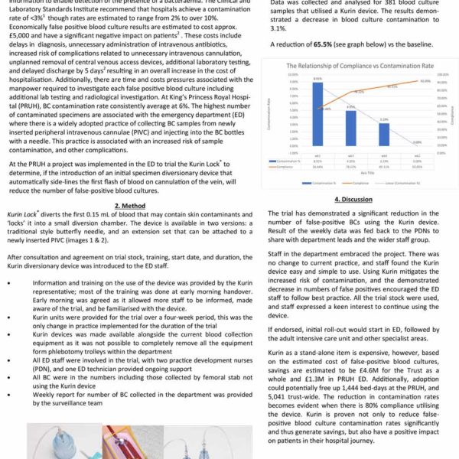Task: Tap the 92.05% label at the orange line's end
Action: coord(425,80)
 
